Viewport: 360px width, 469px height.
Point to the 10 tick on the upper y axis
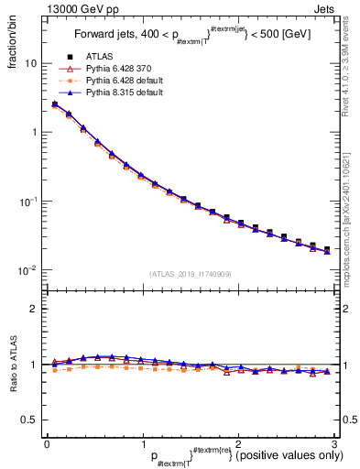click(x=30, y=64)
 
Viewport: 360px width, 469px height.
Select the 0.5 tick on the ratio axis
click(x=29, y=420)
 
